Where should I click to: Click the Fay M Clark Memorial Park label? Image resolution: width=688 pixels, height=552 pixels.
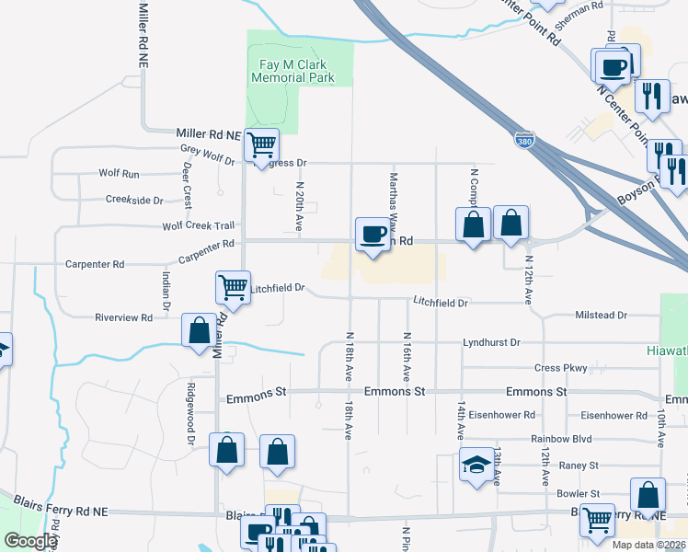coord(296,71)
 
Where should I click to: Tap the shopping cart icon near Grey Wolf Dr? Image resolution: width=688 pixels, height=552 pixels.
coord(261,144)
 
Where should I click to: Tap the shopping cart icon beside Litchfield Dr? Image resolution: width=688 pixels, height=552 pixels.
coord(233,287)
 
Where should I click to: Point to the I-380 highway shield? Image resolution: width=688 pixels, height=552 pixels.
coord(524,142)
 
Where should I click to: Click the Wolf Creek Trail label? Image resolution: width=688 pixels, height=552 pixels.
coord(198,225)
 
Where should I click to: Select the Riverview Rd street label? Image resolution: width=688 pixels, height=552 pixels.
coord(123,317)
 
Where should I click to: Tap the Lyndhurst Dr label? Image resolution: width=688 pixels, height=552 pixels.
coord(491,342)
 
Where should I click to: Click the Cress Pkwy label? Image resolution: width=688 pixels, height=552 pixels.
coord(560,368)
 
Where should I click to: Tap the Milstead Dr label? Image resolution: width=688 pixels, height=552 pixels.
coord(601,315)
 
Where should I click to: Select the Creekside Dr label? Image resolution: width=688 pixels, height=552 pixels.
coord(134,199)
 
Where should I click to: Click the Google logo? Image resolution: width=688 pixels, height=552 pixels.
coord(29,541)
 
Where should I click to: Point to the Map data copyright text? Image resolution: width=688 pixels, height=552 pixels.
coord(648,545)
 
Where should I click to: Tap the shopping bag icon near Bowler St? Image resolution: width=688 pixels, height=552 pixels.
coord(648,495)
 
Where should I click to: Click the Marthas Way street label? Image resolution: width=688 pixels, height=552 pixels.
coord(393,197)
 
